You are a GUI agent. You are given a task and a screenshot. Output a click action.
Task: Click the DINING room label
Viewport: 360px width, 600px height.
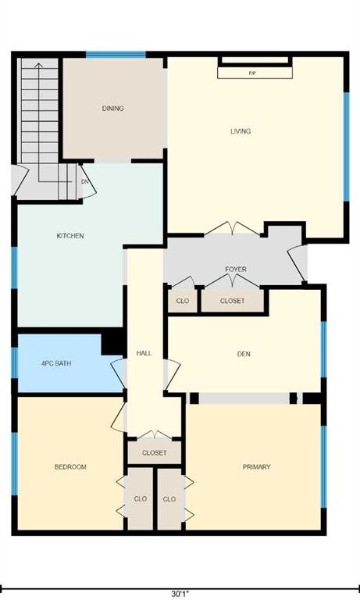click(x=113, y=109)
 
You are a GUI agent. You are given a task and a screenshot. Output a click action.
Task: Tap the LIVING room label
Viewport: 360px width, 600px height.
click(x=241, y=131)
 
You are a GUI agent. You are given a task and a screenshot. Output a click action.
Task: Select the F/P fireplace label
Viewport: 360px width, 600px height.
click(x=252, y=73)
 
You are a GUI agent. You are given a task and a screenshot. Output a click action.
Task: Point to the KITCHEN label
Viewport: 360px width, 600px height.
click(x=70, y=236)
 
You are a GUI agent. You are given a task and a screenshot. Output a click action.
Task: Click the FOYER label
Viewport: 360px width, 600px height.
click(x=236, y=270)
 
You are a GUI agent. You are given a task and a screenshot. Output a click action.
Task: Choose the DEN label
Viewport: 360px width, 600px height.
click(x=244, y=354)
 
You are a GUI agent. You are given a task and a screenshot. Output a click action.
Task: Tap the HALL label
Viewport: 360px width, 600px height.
click(x=144, y=353)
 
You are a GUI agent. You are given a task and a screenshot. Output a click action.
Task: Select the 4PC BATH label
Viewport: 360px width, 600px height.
click(x=56, y=363)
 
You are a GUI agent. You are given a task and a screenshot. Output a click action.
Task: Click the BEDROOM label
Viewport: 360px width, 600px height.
click(x=70, y=467)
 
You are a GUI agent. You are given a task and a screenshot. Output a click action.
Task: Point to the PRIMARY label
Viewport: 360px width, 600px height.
click(x=257, y=467)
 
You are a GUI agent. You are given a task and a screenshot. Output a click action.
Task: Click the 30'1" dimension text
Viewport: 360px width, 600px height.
click(x=180, y=595)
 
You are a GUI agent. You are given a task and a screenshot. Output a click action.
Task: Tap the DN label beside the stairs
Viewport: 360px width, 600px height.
click(x=85, y=182)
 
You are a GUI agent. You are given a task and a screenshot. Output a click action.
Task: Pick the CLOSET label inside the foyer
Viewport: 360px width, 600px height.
click(x=232, y=301)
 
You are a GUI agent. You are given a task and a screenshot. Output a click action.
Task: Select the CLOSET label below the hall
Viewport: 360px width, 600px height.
click(x=155, y=453)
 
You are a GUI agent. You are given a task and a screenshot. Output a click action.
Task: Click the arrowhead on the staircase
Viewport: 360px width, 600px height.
click(x=38, y=66)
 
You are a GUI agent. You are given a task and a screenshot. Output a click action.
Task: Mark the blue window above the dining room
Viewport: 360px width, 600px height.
click(x=116, y=55)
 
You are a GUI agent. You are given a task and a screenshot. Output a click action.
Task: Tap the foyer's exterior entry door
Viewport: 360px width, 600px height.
click(x=298, y=263)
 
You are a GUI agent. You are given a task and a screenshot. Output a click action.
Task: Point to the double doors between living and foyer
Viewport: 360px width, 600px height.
click(x=232, y=228)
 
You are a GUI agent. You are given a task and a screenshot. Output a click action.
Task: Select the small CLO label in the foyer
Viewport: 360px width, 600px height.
click(x=183, y=301)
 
